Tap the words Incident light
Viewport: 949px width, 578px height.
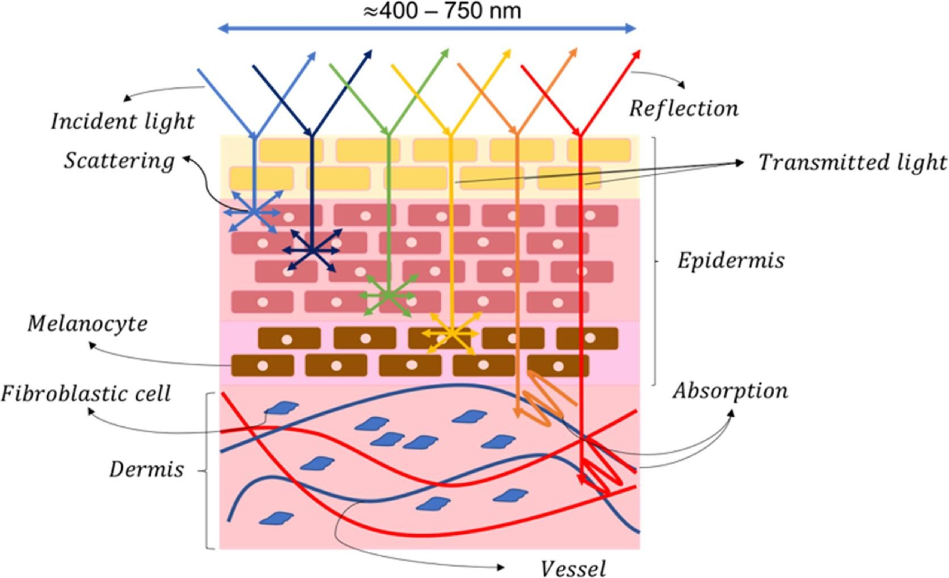click(x=123, y=122)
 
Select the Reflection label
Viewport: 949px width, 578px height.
click(x=684, y=109)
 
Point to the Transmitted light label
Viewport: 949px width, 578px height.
click(x=852, y=163)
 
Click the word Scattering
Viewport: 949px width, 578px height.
click(x=119, y=161)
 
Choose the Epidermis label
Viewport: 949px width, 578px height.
click(x=731, y=261)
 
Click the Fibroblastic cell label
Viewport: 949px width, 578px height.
click(x=86, y=394)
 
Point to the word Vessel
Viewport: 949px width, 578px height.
click(x=573, y=568)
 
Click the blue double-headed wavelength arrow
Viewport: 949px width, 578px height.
click(x=427, y=28)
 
